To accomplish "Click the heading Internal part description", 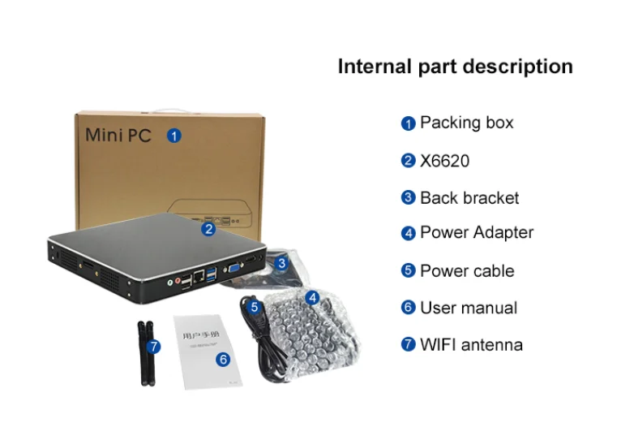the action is [x=455, y=67].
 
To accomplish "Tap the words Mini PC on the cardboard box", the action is [x=118, y=135].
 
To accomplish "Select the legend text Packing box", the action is [x=466, y=123].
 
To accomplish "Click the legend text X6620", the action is [x=444, y=161].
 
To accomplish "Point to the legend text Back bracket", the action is [x=469, y=198].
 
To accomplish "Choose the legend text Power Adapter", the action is [x=476, y=233].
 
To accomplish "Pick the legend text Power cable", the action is [x=466, y=271].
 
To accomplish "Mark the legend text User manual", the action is [x=468, y=309].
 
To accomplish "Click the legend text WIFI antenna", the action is [x=470, y=345].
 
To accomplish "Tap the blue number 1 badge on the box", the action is [x=173, y=135].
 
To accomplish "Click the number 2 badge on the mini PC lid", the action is [x=208, y=229].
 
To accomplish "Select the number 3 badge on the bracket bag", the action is [x=281, y=263].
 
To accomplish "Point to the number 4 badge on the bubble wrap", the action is [x=312, y=297].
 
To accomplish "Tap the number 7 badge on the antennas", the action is [x=154, y=346].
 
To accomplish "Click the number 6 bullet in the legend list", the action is [x=409, y=308].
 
